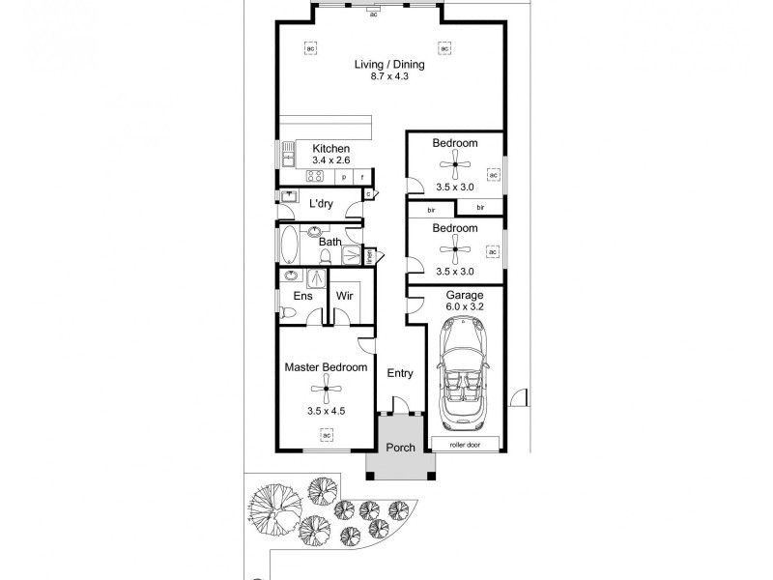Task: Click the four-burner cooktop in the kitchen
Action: coord(314,176)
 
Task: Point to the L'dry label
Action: coord(321,204)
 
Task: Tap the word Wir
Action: coord(343,297)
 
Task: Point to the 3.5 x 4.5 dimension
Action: coord(326,411)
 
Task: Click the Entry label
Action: coord(400,372)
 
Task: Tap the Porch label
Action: coord(400,448)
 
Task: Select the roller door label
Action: coord(466,444)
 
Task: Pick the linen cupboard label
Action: coord(369,256)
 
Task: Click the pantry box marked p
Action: coord(343,177)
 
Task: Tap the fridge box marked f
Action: coord(362,177)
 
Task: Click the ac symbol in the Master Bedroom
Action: coord(326,435)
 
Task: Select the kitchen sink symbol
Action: coord(287,155)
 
